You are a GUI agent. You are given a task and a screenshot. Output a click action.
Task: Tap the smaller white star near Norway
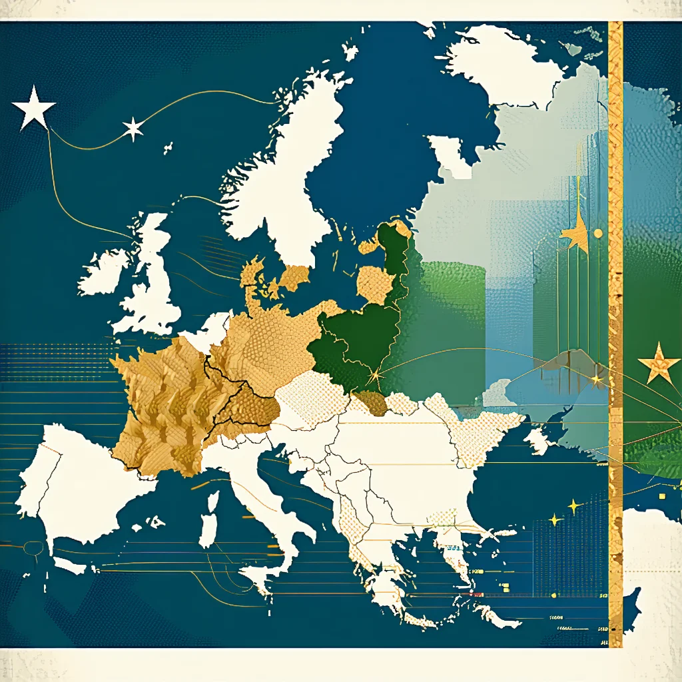[x=133, y=129]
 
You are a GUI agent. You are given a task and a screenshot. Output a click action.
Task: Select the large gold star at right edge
[x=658, y=363]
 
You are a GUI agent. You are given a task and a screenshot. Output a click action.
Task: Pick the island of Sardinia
[x=208, y=536]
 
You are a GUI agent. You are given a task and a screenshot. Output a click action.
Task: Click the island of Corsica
[x=212, y=503]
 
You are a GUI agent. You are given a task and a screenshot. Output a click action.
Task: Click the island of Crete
[x=496, y=616]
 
